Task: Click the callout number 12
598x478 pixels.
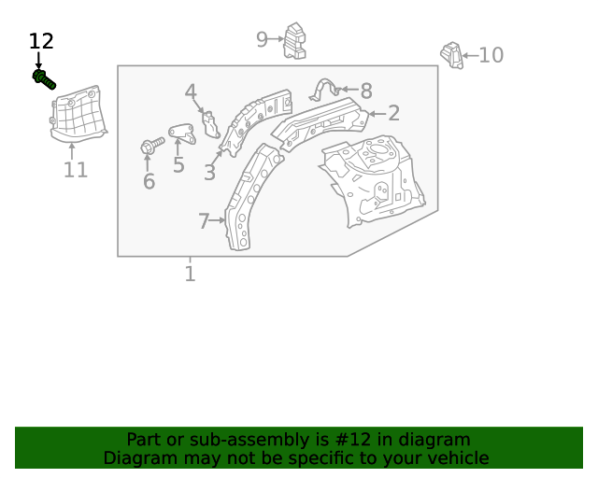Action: click(41, 41)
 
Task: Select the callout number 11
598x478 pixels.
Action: click(76, 170)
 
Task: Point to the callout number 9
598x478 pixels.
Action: click(263, 38)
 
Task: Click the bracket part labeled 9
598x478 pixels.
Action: click(295, 41)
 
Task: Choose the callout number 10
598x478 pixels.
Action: click(491, 55)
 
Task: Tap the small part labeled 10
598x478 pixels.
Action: click(453, 55)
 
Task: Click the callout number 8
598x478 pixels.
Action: click(366, 91)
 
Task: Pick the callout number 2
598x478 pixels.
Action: click(394, 113)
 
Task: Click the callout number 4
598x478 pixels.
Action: click(191, 91)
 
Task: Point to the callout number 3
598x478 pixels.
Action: click(209, 173)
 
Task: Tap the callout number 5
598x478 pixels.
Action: click(178, 166)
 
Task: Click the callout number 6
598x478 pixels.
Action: click(149, 182)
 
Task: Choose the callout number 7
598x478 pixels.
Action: click(204, 221)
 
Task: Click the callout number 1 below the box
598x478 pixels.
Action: click(190, 274)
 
